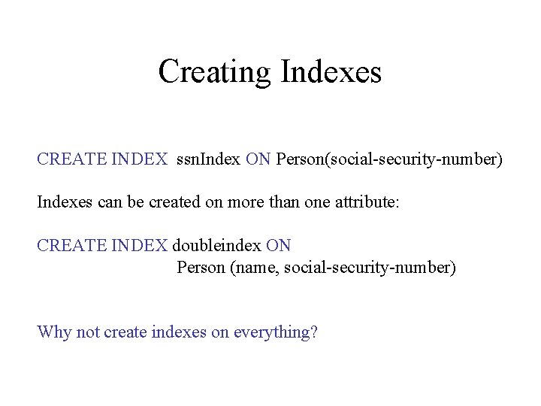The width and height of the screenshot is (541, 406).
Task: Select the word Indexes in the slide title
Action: tap(331, 72)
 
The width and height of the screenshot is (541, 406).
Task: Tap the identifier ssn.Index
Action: tap(208, 159)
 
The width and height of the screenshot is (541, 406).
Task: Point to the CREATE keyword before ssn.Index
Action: tap(71, 159)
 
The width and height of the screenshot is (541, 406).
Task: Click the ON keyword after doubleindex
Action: tap(278, 246)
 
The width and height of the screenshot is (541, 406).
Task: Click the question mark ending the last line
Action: tap(314, 332)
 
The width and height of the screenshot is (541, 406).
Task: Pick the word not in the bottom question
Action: tap(87, 332)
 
